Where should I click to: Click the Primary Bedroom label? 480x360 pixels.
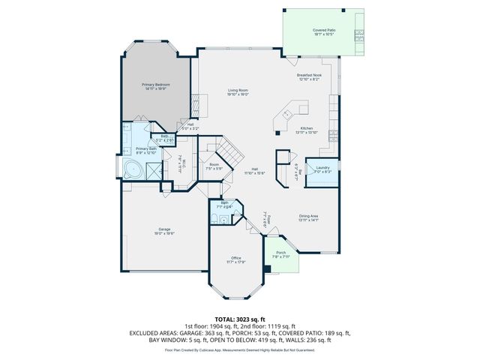tap(156, 85)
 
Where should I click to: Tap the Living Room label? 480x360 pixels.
tap(238, 91)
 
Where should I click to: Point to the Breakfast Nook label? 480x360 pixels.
tap(308, 75)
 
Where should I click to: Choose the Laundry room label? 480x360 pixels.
tap(323, 168)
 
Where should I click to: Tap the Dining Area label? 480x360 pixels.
tap(308, 216)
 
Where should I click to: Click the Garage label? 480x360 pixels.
tap(164, 229)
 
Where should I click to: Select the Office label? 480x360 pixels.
tap(237, 258)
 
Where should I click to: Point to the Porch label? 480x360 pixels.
tap(280, 253)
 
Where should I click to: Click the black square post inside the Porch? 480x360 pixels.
tap(268, 268)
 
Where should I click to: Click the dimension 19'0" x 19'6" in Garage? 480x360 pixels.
tap(164, 233)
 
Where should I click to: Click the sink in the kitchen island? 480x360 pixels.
tap(286, 115)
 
